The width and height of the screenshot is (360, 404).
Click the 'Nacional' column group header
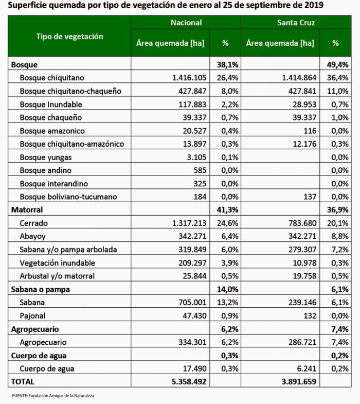coord(186,23)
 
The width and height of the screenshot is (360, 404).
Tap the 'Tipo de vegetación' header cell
coord(69,37)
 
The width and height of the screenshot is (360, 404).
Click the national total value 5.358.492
coord(185,382)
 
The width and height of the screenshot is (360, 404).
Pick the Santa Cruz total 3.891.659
coord(296,382)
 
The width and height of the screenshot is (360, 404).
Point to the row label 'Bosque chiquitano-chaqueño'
coord(70,91)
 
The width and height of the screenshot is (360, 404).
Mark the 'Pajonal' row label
coord(33,315)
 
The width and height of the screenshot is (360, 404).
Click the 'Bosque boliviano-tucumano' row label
coord(68,197)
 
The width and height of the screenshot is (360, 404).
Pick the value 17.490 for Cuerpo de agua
coord(194,368)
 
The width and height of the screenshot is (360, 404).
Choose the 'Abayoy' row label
coord(32,236)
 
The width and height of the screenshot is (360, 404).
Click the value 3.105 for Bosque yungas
coord(196,157)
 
